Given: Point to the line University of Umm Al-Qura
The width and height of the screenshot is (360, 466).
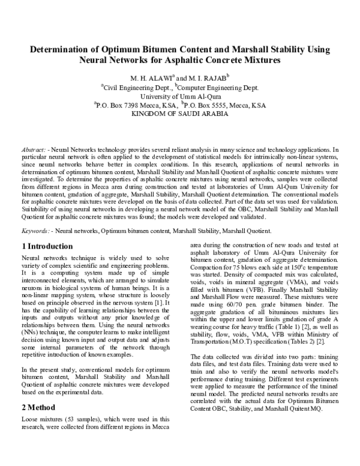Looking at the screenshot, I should (x=179, y=95).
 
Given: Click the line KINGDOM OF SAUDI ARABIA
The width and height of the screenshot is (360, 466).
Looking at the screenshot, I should (x=179, y=113).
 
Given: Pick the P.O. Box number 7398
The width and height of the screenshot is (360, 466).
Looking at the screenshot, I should (x=136, y=104).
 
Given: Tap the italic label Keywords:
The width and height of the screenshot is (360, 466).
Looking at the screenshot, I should (x=35, y=231).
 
